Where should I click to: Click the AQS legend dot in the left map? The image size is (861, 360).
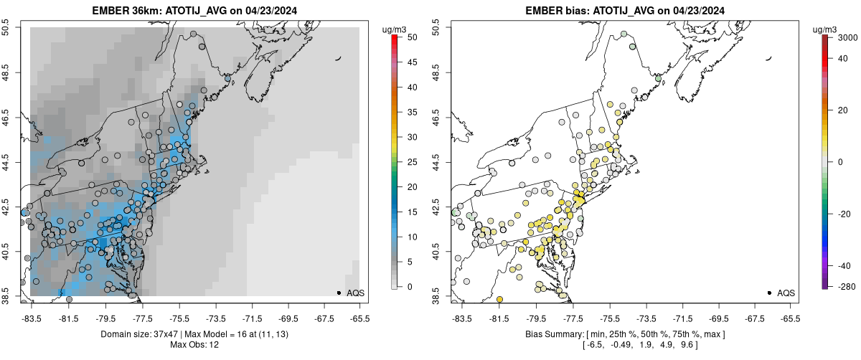pyautogui.click(x=339, y=293)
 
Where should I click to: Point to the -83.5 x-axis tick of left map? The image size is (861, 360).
pyautogui.click(x=32, y=317)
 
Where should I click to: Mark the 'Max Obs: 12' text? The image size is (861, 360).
pyautogui.click(x=194, y=345)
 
